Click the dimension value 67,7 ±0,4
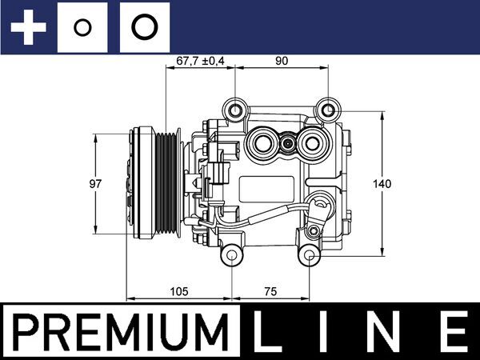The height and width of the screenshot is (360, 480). click(200, 61)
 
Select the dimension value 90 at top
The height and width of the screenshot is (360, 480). click(282, 61)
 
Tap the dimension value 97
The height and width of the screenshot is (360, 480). click(95, 184)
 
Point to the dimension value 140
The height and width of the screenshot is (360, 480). click(382, 184)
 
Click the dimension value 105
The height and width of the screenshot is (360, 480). click(179, 291)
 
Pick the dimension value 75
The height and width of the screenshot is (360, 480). click(270, 291)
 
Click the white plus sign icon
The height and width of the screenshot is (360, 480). click(29, 27)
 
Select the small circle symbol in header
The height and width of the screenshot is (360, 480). click(82, 27)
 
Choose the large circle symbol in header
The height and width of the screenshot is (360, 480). click(145, 27)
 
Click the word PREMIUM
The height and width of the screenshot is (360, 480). click(121, 332)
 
